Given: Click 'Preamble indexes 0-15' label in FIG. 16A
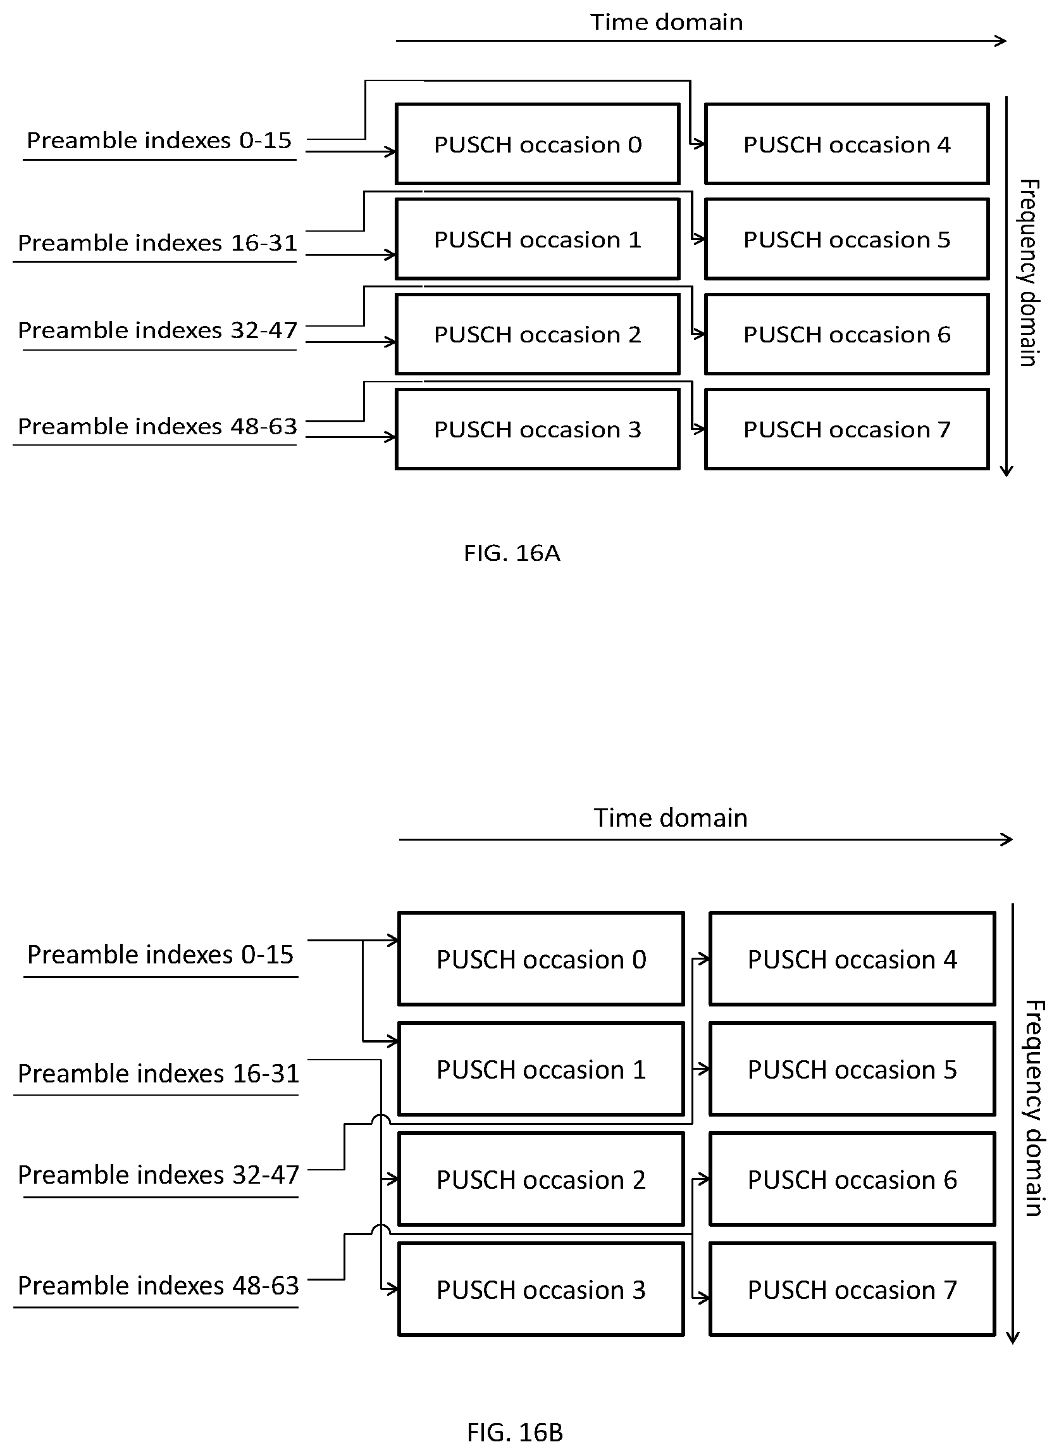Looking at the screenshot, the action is point(159,140).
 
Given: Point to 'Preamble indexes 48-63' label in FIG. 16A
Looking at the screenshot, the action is point(158,426).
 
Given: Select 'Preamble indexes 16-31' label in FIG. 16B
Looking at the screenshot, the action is point(158,1073).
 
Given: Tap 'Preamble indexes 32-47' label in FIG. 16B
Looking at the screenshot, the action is point(158,1174).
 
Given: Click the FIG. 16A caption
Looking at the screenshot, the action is point(512,553).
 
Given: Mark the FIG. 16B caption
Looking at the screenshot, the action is point(515,1432).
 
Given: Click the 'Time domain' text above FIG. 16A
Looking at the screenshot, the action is point(667,22).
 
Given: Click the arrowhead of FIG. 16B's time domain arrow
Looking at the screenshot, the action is point(1007,839).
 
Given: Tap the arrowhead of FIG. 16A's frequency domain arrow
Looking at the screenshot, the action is point(1006,470).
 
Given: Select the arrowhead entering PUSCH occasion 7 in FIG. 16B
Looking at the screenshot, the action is point(703,1298).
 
